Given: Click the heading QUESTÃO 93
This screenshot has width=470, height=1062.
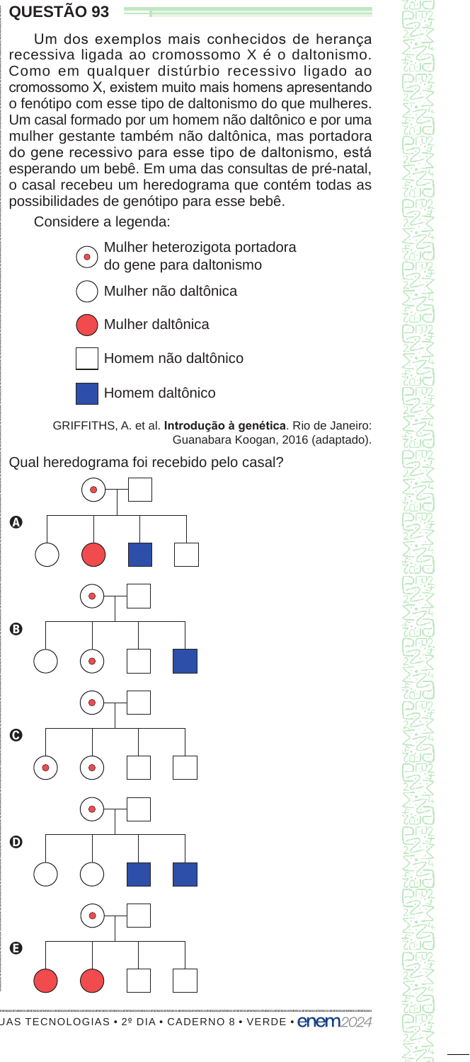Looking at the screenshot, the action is tap(59, 12).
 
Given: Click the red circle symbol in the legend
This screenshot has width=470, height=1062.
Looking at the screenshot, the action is tap(87, 325).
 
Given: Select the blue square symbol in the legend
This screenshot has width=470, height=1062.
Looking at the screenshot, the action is tap(87, 393).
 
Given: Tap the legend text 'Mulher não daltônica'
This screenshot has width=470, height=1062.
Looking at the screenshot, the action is tap(171, 291).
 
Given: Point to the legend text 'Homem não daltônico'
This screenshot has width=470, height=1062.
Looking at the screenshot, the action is tap(173, 359).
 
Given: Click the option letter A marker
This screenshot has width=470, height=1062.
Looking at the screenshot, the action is tap(16, 522).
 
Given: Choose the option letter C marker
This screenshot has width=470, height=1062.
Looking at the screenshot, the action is tap(16, 735).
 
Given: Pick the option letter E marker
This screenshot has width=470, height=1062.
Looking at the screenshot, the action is tap(16, 948).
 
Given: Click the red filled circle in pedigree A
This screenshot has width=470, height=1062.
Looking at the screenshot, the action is tap(93, 555).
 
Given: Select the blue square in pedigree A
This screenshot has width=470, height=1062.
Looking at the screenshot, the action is tap(140, 555).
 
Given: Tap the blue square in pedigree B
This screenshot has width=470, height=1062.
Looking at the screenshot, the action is tap(185, 662).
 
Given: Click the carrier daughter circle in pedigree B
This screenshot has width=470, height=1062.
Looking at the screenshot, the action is tap(92, 662).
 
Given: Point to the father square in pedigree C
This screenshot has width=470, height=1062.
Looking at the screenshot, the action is tap(139, 703).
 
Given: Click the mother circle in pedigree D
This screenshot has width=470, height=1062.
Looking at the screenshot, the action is tap(92, 809).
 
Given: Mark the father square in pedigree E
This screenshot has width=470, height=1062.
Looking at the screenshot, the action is tap(139, 916).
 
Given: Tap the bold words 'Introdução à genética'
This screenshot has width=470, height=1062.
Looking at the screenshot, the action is tap(225, 426).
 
